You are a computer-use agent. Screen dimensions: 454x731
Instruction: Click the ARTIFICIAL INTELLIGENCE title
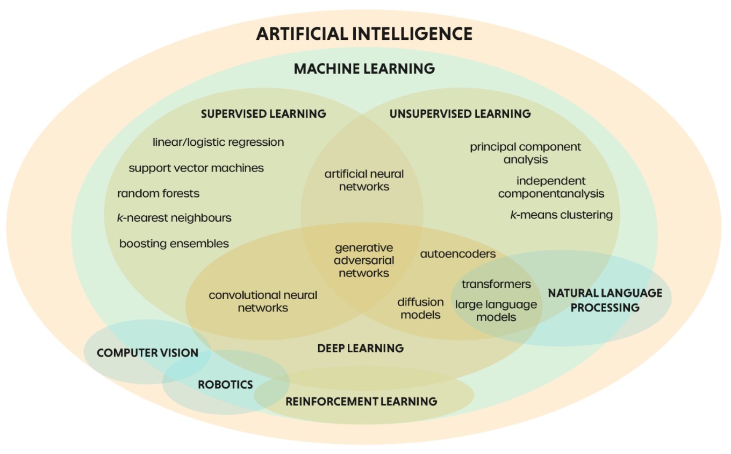(364, 34)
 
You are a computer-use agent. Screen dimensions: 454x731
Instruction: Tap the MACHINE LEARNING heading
(364, 69)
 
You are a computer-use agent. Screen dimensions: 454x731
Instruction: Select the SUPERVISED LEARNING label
(263, 114)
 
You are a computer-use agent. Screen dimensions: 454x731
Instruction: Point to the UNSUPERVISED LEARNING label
(460, 114)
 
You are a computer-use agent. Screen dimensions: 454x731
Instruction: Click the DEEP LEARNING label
(360, 348)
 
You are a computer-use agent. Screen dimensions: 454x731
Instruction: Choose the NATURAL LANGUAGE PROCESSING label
(605, 300)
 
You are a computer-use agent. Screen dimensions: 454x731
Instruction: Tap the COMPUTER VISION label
(147, 353)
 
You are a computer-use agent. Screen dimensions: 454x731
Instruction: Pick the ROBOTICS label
(225, 385)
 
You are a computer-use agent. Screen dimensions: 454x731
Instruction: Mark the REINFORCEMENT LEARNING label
(361, 401)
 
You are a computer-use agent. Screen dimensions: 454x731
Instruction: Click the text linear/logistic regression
(218, 143)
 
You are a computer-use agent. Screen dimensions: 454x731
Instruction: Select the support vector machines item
(196, 168)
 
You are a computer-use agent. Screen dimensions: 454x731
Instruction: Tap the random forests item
(158, 193)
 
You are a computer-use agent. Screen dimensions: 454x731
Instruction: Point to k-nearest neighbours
(174, 218)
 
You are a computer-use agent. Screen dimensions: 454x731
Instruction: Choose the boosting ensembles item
(174, 243)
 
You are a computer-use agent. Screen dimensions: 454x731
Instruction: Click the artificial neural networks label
(364, 180)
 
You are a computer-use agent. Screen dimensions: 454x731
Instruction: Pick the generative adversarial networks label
(364, 260)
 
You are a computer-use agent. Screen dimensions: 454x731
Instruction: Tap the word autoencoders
(458, 253)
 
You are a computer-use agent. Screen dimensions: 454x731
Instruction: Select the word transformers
(496, 284)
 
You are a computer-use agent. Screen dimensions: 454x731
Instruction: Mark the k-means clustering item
(561, 215)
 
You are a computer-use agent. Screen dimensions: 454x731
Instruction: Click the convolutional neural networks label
(263, 301)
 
